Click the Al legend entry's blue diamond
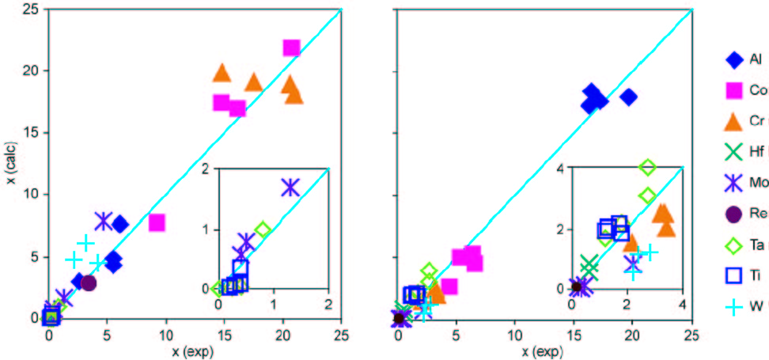733,60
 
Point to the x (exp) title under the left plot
195,348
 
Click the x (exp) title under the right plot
544,348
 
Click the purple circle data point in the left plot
89,282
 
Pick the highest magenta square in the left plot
291,48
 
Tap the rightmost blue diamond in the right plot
629,97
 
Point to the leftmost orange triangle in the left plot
222,74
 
